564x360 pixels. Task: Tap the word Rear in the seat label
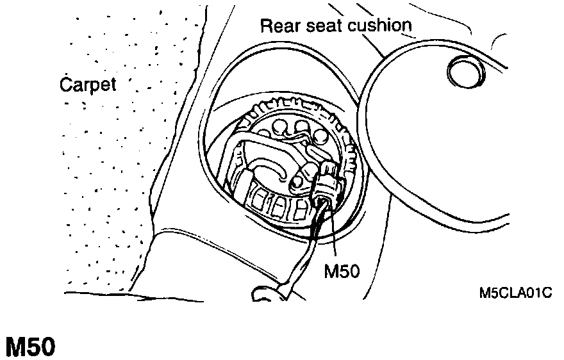(x=277, y=26)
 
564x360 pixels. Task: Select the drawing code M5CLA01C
(x=515, y=293)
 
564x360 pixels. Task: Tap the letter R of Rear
(x=265, y=26)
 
